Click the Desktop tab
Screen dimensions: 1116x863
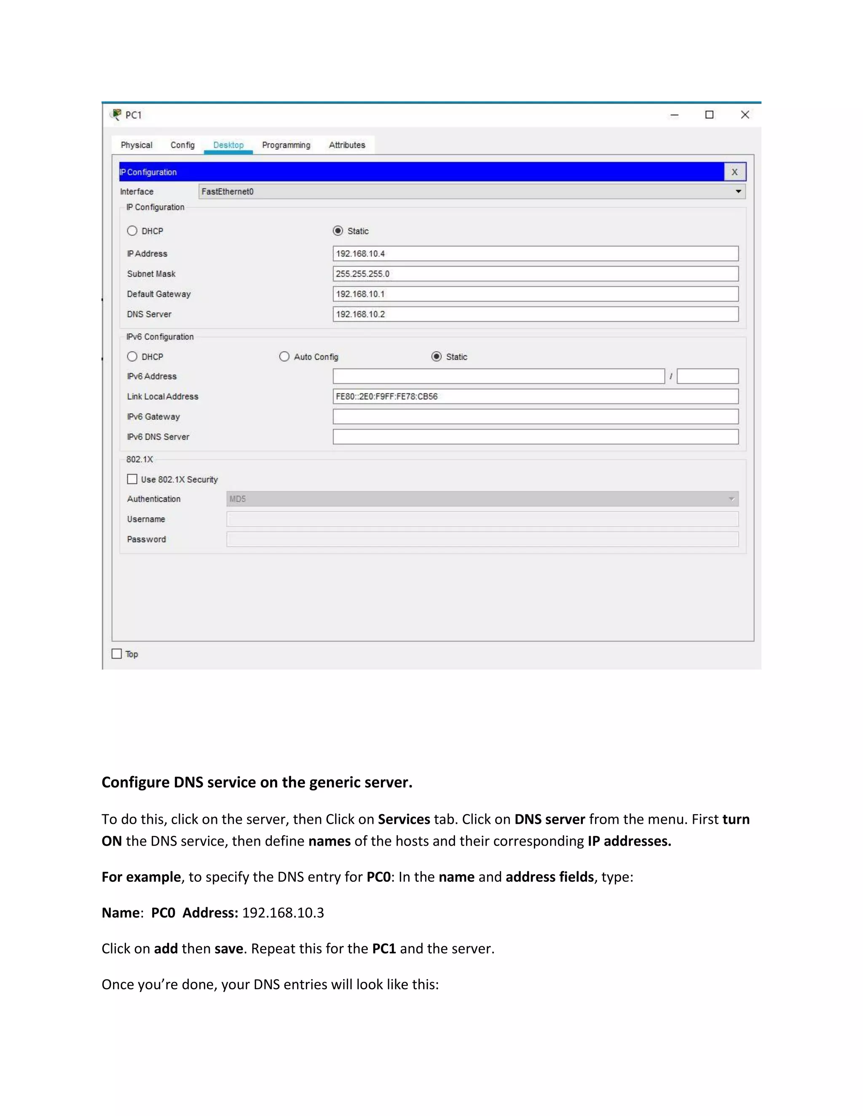pos(228,145)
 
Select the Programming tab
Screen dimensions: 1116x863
pos(286,145)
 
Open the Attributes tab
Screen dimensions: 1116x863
pos(347,145)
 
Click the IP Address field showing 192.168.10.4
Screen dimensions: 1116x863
pos(535,254)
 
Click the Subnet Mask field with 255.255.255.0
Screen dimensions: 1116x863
pos(535,274)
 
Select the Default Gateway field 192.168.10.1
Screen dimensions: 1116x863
pos(535,294)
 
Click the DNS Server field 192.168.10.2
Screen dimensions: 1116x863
pos(535,314)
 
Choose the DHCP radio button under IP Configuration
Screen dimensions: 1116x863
pos(132,231)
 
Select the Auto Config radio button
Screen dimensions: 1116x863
pos(284,357)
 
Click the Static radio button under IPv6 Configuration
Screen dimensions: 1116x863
pos(436,357)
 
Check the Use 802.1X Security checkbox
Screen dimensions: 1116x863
pos(132,479)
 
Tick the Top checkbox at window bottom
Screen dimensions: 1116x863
pos(117,654)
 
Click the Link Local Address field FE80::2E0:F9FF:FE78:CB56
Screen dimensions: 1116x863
pos(535,397)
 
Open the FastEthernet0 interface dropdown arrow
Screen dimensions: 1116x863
pos(738,192)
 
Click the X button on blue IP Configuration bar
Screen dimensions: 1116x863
pos(734,172)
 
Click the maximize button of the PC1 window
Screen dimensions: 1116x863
pos(709,115)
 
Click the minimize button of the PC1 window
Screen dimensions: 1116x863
pos(674,115)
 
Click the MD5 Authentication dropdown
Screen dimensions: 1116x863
pos(482,499)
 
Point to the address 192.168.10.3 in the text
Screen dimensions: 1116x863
pos(283,913)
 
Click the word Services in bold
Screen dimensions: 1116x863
pos(403,819)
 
